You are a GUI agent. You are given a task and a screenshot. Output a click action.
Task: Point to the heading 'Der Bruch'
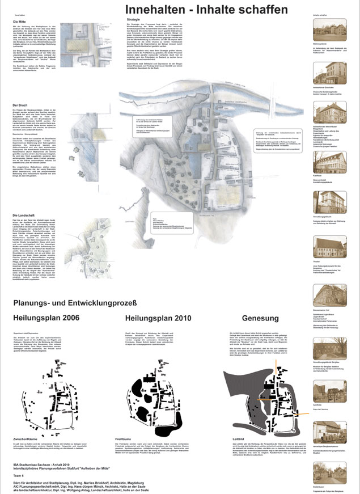[x=20, y=105]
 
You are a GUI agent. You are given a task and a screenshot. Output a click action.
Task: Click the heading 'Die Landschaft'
[x=23, y=216]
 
